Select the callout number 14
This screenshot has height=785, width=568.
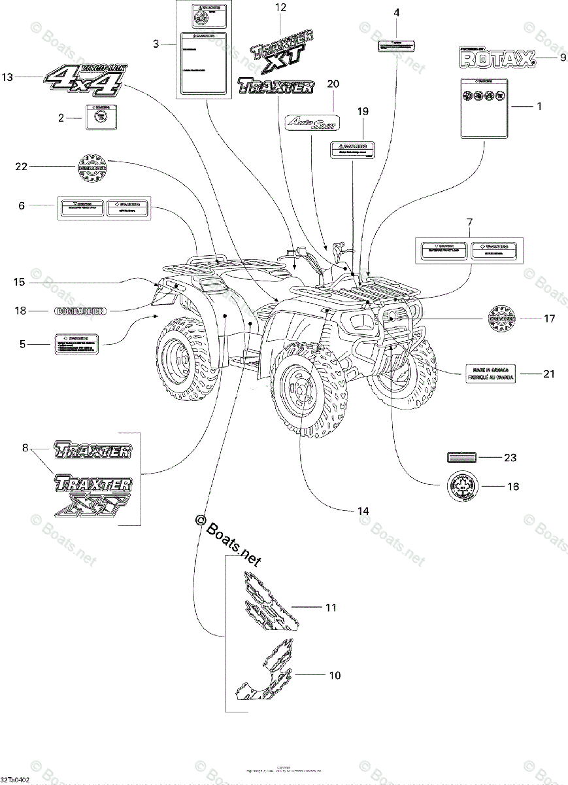point(363,510)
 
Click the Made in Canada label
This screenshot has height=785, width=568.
point(490,374)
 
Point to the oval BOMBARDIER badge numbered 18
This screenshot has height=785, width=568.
point(80,311)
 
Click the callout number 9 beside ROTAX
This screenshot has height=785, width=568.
point(563,58)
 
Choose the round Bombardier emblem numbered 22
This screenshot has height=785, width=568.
point(92,167)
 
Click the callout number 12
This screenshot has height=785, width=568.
point(281,8)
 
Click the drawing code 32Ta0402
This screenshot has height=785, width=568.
point(15,780)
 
